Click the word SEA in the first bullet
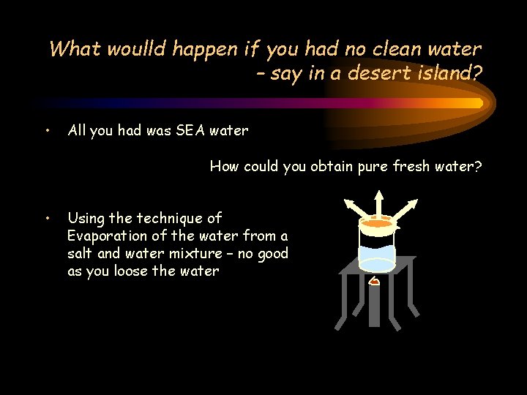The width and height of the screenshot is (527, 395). [193, 131]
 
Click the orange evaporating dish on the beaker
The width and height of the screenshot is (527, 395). [378, 223]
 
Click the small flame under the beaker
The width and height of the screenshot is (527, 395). [374, 282]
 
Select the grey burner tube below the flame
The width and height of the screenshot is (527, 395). [375, 307]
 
